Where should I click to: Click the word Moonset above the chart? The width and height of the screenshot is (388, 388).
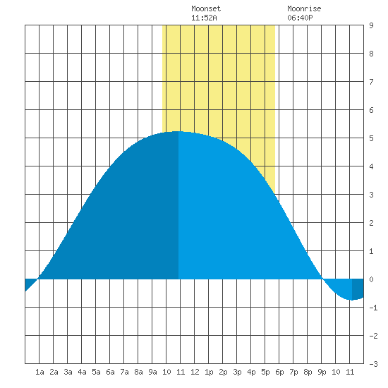tap(206, 8)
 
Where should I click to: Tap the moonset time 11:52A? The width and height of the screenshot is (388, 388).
tap(204, 18)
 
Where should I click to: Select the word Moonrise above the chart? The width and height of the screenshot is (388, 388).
tap(304, 8)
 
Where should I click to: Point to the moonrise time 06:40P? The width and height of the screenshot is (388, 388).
tap(300, 18)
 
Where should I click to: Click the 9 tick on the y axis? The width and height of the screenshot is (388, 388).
tap(371, 25)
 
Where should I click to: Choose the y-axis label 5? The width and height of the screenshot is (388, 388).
tap(371, 138)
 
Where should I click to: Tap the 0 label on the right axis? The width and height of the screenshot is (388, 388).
tap(371, 279)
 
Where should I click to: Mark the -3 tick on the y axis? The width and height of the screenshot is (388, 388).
tap(373, 364)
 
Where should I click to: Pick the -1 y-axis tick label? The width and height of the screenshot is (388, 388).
tap(373, 308)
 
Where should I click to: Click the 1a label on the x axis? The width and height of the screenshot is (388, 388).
tap(40, 372)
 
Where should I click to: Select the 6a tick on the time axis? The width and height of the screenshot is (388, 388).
tap(110, 372)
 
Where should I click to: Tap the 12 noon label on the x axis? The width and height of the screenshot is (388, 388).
tap(195, 372)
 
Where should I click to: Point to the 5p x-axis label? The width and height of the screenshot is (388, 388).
tap(265, 372)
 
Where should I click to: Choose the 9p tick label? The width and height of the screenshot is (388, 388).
tap(322, 372)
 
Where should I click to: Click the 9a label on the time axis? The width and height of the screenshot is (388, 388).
tap(152, 372)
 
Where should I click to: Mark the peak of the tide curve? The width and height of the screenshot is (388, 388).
tap(178, 131)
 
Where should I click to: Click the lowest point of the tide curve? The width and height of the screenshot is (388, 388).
tap(352, 300)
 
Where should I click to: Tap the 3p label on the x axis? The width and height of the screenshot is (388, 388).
tap(237, 372)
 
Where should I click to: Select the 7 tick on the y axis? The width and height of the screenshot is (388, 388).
tap(371, 82)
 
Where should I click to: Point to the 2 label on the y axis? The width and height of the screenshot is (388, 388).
tap(371, 223)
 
